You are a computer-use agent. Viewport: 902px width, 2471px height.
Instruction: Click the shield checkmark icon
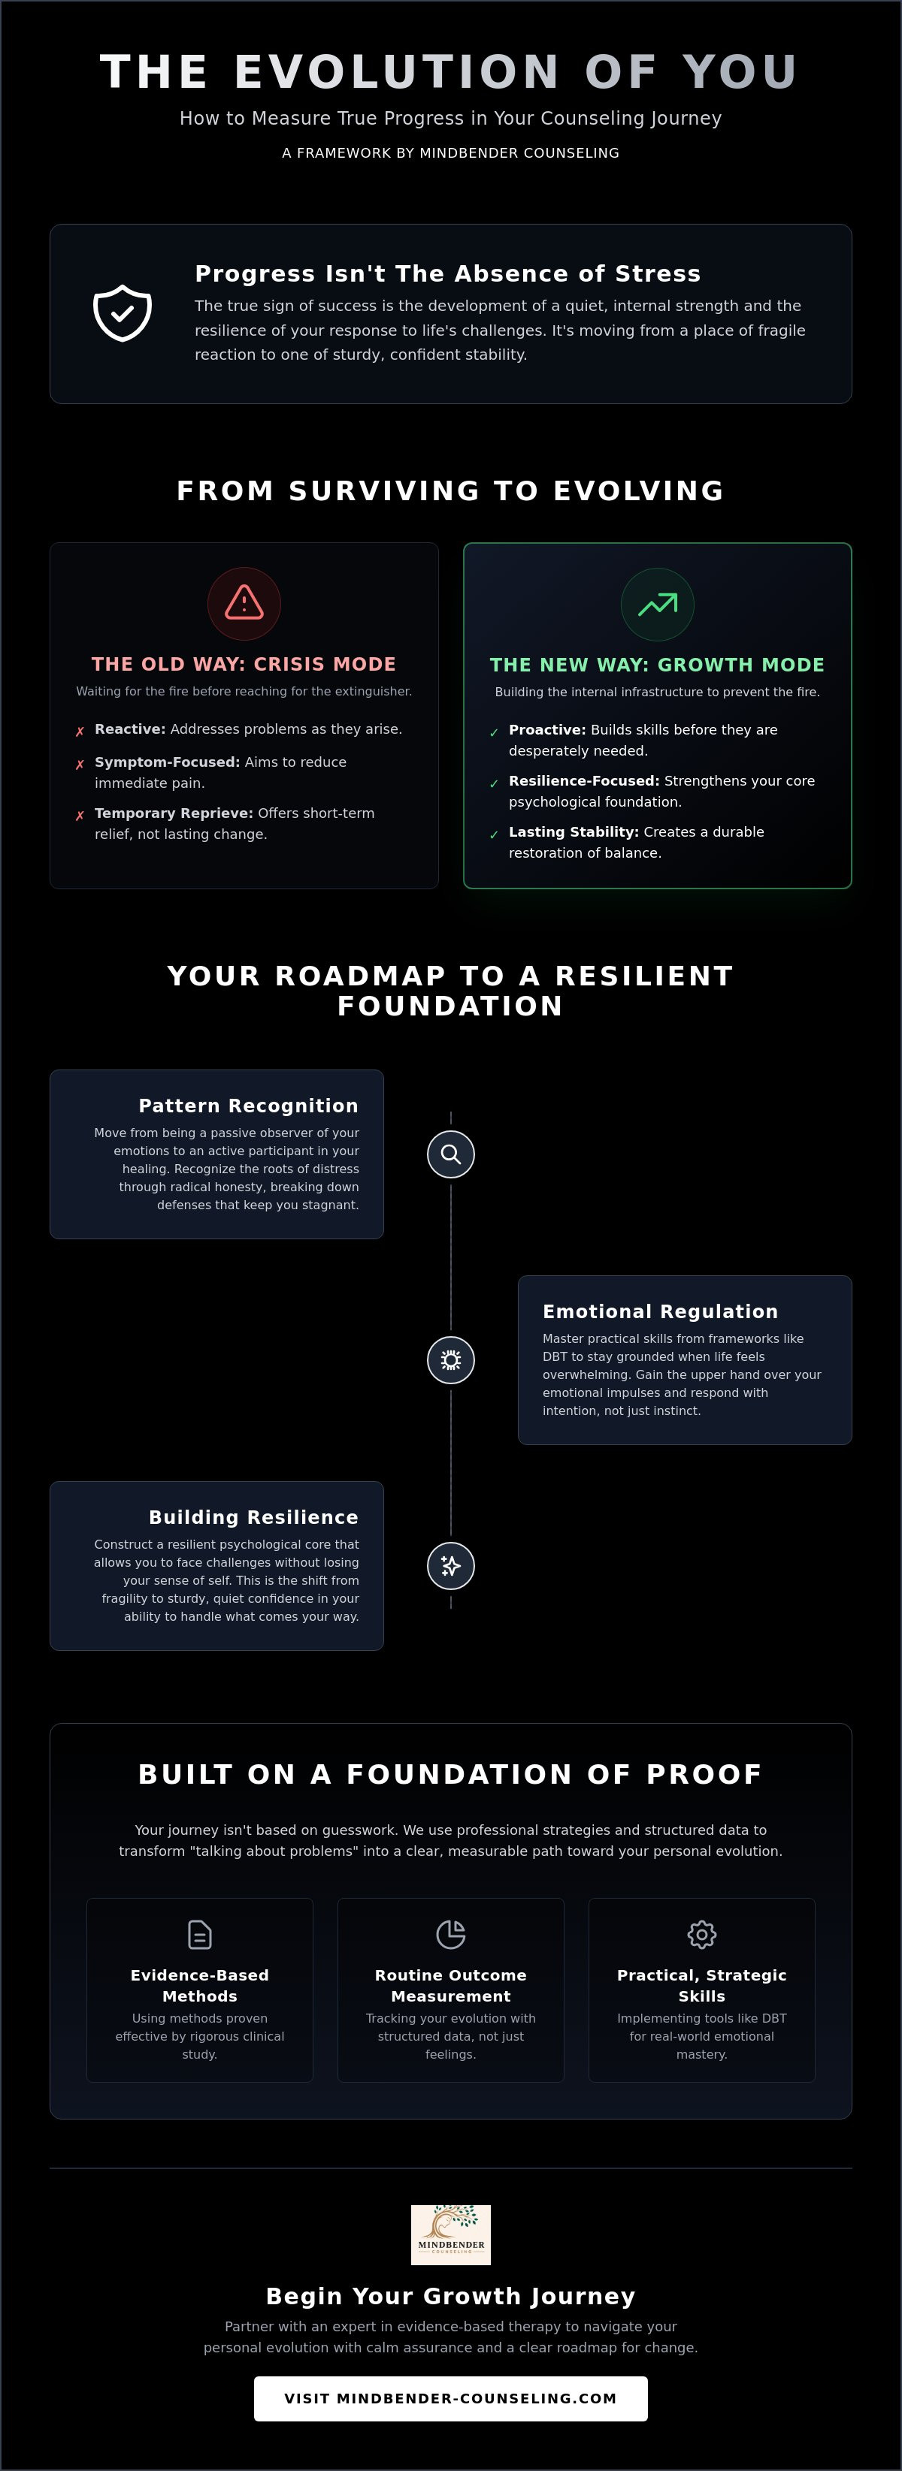point(122,312)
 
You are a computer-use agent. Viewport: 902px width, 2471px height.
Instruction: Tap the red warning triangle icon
point(244,602)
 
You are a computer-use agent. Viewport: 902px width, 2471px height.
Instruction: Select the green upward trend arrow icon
point(657,605)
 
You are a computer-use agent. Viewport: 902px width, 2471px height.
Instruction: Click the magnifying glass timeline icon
point(451,1154)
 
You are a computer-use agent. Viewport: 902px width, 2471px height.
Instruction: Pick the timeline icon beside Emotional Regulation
point(451,1360)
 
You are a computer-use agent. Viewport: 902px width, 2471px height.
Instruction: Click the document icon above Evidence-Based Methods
point(200,1935)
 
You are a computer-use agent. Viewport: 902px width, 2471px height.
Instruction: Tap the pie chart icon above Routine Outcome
point(451,1935)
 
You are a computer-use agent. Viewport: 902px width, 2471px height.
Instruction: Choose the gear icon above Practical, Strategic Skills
point(701,1935)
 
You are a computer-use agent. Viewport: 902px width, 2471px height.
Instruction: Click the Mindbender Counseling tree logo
point(451,2235)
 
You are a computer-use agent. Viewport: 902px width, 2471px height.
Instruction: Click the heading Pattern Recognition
point(249,1106)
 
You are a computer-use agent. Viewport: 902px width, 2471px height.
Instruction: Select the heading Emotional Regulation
point(660,1311)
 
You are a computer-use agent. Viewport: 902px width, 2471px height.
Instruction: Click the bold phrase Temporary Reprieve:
point(174,813)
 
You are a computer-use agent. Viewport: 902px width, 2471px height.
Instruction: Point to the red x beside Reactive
point(80,732)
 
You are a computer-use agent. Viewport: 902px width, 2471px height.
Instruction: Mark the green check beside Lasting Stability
point(494,834)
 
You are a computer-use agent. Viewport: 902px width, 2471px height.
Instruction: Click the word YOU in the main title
point(740,72)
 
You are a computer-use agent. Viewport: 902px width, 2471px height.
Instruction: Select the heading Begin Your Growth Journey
point(451,2297)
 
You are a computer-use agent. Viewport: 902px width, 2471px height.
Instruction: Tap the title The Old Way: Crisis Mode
point(244,664)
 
